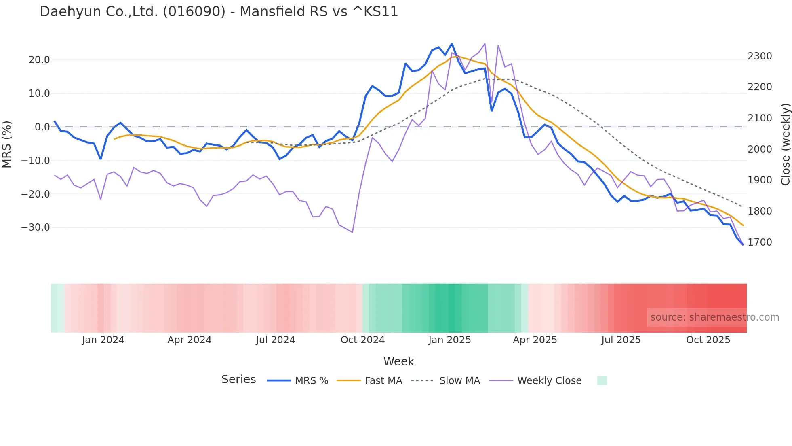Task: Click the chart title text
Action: tap(219, 12)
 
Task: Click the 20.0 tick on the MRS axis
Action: tap(39, 60)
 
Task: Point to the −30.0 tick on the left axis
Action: tap(36, 227)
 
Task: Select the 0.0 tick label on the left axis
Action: tap(42, 127)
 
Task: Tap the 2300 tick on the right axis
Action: tap(760, 56)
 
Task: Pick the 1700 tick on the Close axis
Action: tap(760, 242)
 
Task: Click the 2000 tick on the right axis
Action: tap(760, 149)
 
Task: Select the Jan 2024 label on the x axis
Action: tap(103, 340)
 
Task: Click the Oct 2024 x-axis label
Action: tap(362, 340)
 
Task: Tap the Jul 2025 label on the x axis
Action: tap(621, 340)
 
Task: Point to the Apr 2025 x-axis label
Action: tap(535, 340)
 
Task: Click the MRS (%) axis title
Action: tap(7, 144)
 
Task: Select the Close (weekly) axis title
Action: tap(785, 144)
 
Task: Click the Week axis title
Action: tap(398, 361)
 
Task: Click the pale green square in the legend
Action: tap(602, 380)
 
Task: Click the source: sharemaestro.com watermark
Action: tap(714, 317)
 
